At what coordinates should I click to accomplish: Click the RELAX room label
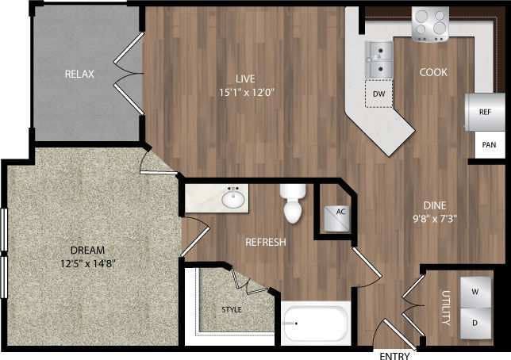[x=79, y=74]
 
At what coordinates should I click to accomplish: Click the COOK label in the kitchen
[x=434, y=72]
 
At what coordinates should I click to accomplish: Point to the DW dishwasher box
[x=378, y=94]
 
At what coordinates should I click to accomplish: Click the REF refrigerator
[x=486, y=112]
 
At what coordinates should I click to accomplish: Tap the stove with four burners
[x=431, y=24]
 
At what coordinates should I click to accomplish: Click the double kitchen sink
[x=379, y=60]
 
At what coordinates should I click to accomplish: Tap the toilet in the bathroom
[x=293, y=205]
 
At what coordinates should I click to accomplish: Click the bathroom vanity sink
[x=233, y=198]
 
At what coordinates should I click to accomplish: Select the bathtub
[x=316, y=324]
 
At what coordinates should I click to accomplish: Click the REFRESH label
[x=265, y=242]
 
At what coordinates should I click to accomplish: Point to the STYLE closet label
[x=231, y=309]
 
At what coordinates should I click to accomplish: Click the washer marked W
[x=475, y=291]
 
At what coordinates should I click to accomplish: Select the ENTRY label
[x=395, y=354]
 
